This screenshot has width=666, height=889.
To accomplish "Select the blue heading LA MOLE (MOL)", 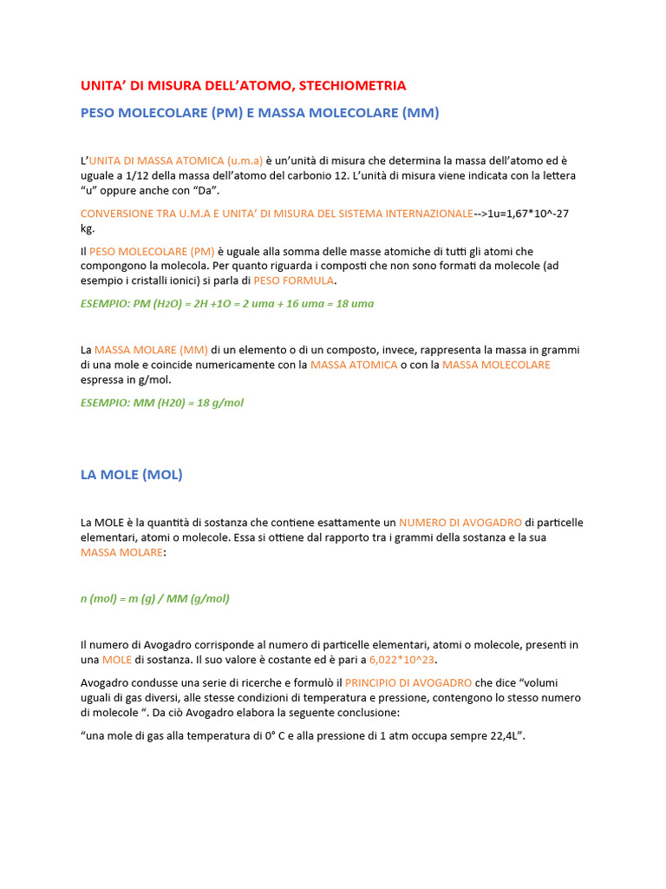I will (132, 475).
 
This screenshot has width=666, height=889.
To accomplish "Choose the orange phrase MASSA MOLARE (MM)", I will (151, 350).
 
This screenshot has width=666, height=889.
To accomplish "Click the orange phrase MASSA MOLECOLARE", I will (496, 365).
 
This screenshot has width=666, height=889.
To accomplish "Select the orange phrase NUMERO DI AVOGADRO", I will (460, 523).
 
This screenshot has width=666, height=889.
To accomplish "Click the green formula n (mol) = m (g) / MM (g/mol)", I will (155, 598).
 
